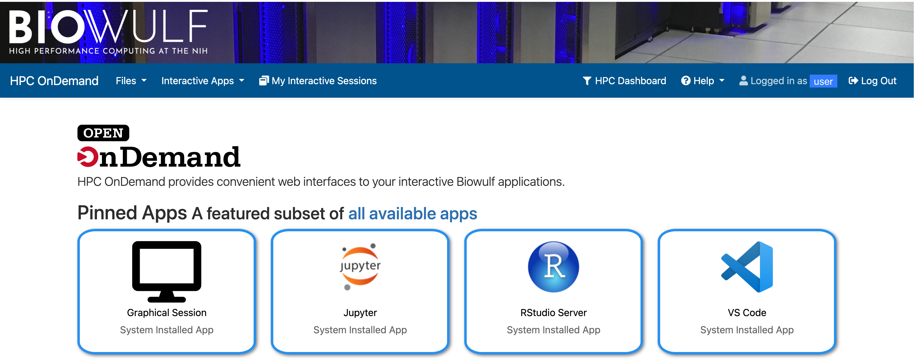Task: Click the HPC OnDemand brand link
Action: (54, 81)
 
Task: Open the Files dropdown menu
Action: (131, 81)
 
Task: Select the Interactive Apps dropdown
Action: (202, 81)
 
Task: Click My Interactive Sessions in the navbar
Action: (318, 81)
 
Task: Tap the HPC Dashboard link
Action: (625, 81)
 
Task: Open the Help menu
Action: (703, 81)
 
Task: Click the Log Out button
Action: (872, 81)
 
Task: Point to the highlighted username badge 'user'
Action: (823, 81)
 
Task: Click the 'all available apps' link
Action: (412, 213)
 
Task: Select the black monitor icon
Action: (167, 272)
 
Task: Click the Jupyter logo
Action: (360, 267)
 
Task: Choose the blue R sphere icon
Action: (553, 267)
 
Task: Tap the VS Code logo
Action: (747, 267)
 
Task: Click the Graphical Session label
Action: (167, 313)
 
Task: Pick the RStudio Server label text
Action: (553, 313)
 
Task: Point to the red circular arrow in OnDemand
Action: (88, 157)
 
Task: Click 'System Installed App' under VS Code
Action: (747, 330)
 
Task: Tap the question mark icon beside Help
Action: (686, 81)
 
